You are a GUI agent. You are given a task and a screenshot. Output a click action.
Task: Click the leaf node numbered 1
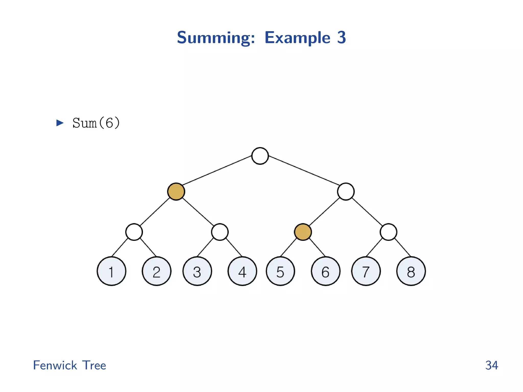(x=111, y=271)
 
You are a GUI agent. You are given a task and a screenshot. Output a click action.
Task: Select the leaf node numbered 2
(x=157, y=271)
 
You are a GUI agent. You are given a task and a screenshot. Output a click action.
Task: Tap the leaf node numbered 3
(x=197, y=271)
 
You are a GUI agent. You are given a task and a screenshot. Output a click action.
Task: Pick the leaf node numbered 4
(x=242, y=271)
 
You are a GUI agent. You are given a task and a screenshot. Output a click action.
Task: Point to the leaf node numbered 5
(x=280, y=271)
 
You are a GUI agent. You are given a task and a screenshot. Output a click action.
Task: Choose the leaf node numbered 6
(x=326, y=271)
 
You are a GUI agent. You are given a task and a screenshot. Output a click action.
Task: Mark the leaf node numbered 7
(x=366, y=271)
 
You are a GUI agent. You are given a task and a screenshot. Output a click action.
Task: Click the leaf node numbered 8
(x=411, y=271)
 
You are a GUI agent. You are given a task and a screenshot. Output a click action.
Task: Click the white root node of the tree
(x=260, y=156)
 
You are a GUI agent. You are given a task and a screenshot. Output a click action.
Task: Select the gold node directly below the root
(x=176, y=191)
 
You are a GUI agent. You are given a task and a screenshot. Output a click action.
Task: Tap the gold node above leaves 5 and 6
(x=303, y=232)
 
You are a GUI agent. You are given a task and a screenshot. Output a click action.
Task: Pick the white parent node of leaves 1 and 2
(x=134, y=232)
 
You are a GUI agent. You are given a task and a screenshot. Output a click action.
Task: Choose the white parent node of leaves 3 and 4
(x=220, y=232)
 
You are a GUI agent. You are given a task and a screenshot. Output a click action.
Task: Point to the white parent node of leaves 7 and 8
(x=388, y=232)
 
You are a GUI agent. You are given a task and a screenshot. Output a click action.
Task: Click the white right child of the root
(x=346, y=191)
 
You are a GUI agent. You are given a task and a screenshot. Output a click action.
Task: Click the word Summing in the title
(x=216, y=38)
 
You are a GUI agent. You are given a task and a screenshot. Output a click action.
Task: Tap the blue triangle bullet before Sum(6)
(x=60, y=123)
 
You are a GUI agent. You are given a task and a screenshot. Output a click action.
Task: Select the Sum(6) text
(x=96, y=123)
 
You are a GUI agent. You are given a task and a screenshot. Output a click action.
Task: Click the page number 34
(x=492, y=365)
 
